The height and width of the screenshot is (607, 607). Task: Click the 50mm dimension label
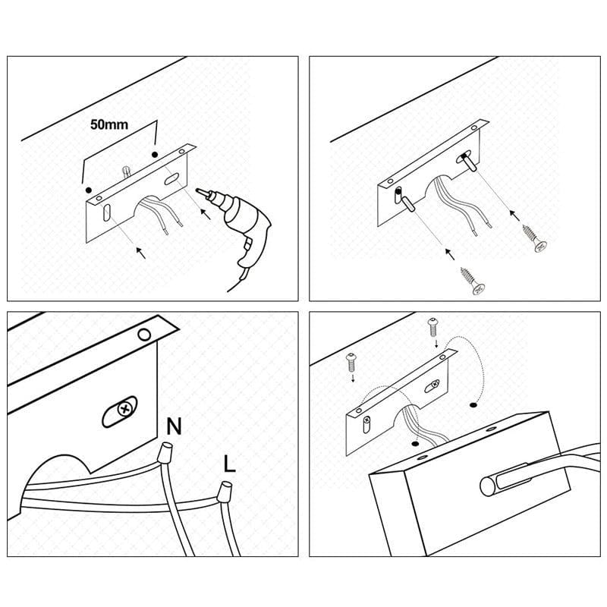coord(109,124)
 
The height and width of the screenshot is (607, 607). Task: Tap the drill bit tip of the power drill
coord(198,190)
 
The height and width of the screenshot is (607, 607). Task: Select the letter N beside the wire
coord(174,426)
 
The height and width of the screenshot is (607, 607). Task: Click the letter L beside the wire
coord(230,464)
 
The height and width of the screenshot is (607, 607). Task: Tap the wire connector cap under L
coord(224,491)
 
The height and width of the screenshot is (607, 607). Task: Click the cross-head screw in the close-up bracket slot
coord(124,409)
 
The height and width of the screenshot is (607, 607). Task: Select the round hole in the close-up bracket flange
coord(144,335)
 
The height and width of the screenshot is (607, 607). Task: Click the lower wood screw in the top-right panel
coord(473,281)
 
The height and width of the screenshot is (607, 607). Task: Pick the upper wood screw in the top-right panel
coord(535,238)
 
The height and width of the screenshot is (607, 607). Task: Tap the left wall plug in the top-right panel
coord(408,204)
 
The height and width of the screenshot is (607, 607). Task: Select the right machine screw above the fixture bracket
coord(432,327)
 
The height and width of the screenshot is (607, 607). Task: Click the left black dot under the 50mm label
coord(89,190)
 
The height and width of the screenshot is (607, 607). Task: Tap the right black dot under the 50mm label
coord(155,155)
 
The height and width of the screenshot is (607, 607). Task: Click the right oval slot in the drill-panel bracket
coord(170,179)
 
